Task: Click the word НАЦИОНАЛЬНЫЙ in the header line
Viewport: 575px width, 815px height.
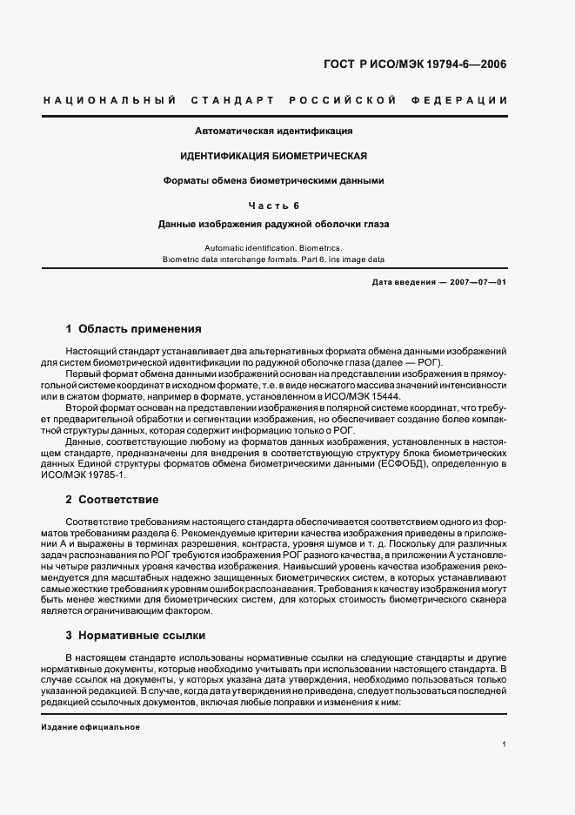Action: (x=110, y=101)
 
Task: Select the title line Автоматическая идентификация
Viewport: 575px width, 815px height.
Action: (x=273, y=131)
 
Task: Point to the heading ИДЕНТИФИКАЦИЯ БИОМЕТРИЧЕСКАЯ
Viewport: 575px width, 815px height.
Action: (x=273, y=156)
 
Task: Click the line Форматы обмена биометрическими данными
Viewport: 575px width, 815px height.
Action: (x=273, y=181)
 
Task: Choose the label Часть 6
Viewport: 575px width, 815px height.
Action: (x=273, y=205)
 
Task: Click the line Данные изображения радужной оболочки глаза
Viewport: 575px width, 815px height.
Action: (x=273, y=224)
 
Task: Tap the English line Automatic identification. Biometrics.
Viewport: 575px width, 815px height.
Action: (x=273, y=247)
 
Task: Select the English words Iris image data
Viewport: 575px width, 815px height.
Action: (x=353, y=259)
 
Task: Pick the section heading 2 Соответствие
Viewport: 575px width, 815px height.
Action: (x=112, y=500)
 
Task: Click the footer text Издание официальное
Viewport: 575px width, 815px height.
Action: (x=90, y=727)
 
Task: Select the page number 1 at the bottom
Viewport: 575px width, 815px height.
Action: (x=504, y=744)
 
